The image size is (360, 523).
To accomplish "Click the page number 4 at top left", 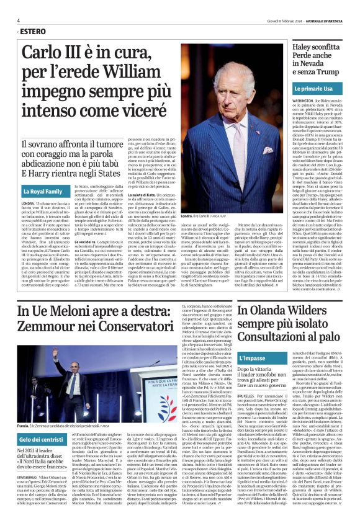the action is pyautogui.click(x=18, y=20).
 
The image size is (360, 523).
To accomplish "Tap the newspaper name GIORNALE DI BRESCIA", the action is pyautogui.click(x=323, y=20).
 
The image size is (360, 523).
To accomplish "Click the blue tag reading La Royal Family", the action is pyautogui.click(x=43, y=192).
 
